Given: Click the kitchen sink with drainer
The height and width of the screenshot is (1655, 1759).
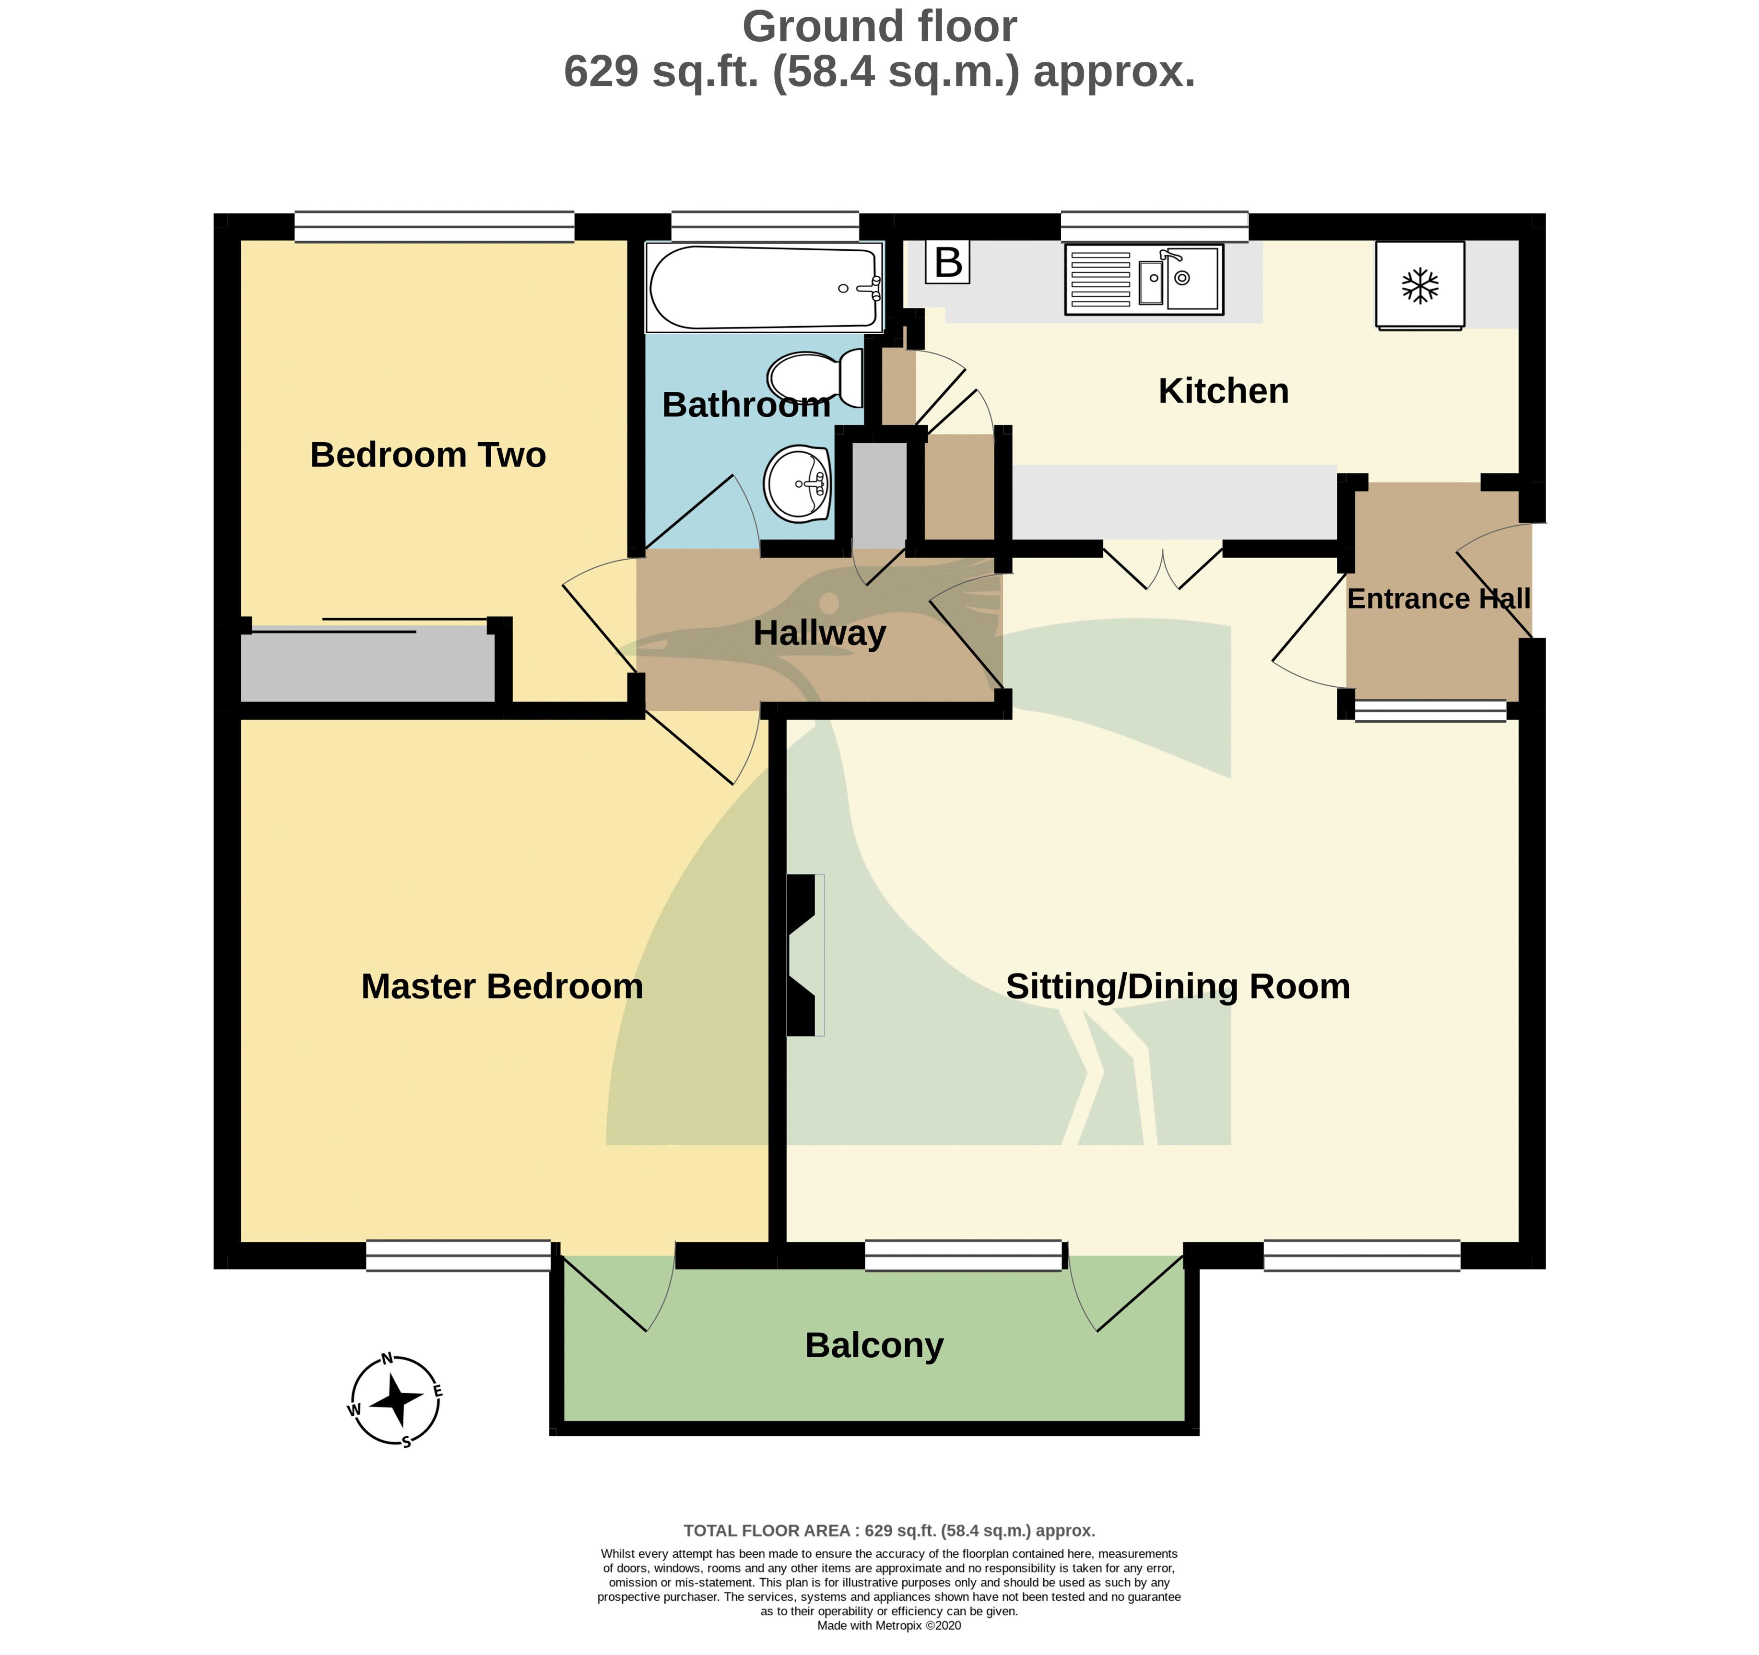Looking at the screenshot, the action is [x=1144, y=280].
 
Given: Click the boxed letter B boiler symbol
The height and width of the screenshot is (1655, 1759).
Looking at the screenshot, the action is [x=948, y=262].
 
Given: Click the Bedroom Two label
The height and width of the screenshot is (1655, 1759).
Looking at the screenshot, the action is [x=428, y=455].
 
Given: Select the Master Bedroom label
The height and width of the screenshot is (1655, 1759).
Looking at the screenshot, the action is [x=502, y=986].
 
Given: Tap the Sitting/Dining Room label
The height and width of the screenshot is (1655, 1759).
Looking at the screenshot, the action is [x=1178, y=987].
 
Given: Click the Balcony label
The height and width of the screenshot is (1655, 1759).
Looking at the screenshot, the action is [x=874, y=1345].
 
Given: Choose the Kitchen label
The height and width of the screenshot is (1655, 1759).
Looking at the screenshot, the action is [x=1224, y=391].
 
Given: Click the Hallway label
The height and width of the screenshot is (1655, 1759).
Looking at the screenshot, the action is [x=819, y=634].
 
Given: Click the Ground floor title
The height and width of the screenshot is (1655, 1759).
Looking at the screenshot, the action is [x=880, y=26].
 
